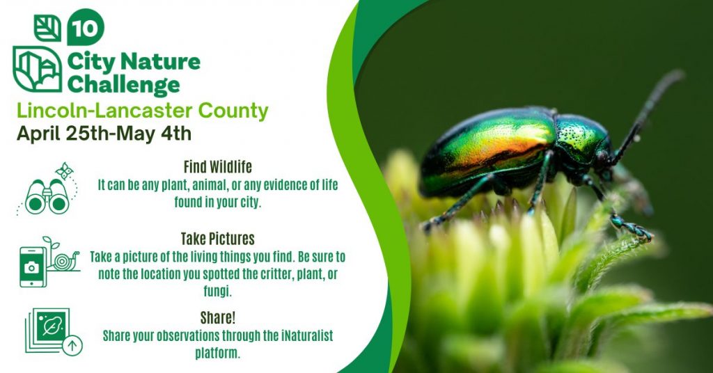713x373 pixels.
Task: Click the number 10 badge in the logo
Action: [x=86, y=28]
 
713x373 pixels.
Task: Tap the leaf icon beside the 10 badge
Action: [x=47, y=28]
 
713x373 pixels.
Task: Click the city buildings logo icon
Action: [x=38, y=69]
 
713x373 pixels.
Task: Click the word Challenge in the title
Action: [x=124, y=85]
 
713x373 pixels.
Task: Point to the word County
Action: [x=233, y=111]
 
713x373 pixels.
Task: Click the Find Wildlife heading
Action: [x=217, y=167]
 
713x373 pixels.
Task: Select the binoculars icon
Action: [x=47, y=196]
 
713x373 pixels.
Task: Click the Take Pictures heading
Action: [x=217, y=239]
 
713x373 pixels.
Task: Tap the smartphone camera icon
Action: [x=33, y=267]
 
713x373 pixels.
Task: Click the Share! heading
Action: [x=218, y=317]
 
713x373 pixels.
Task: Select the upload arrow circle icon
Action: [x=72, y=346]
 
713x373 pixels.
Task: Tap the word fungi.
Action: [x=217, y=291]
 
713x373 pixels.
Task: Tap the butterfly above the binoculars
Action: [x=64, y=170]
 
